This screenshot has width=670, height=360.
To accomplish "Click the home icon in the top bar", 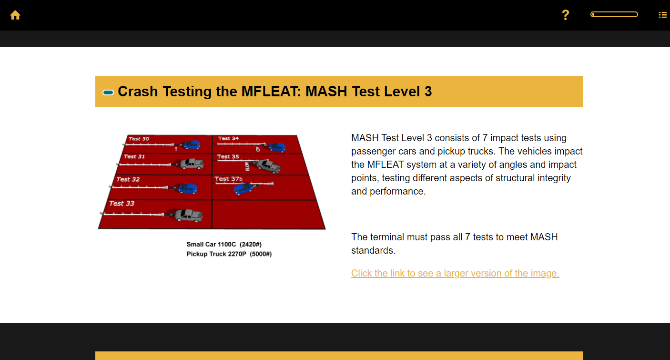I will click(x=15, y=15).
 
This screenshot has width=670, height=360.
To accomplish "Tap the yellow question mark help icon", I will click(x=565, y=15).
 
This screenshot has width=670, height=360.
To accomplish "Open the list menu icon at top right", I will click(x=662, y=15).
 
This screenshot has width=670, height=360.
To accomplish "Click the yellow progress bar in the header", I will click(x=614, y=14).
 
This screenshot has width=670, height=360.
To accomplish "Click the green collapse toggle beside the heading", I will click(x=108, y=92).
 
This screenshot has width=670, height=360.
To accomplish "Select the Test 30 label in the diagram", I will click(x=139, y=139).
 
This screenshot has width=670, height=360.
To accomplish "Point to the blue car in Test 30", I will click(x=192, y=144).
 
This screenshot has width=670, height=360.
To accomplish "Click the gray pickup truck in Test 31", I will click(x=192, y=164).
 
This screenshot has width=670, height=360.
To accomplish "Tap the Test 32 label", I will click(x=128, y=179).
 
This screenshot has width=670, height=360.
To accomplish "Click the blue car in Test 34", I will click(x=276, y=147).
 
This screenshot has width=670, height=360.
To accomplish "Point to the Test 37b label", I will click(x=228, y=179).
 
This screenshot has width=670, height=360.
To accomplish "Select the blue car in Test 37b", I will click(x=244, y=189).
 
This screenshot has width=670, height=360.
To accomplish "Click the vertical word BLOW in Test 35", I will click(x=247, y=166).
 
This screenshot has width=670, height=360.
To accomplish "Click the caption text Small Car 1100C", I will click(x=211, y=244).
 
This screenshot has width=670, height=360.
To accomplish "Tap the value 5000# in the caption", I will click(x=261, y=254).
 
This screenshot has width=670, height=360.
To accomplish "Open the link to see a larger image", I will click(x=455, y=273).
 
